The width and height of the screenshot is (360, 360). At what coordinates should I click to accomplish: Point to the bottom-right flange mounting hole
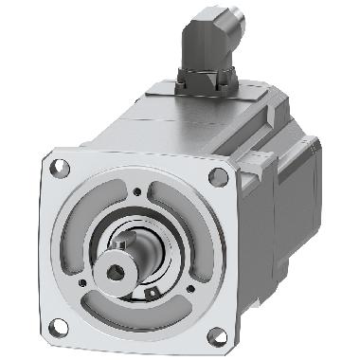214,333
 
